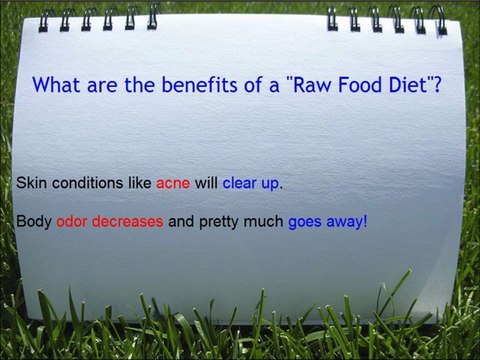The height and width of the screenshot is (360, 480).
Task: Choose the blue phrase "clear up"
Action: [x=252, y=185]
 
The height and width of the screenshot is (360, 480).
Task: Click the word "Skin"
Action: [x=30, y=185]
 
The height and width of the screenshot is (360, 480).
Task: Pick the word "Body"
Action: [x=33, y=221]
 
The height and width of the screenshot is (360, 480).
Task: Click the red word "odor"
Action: [x=73, y=221]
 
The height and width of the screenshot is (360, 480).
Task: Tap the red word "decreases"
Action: [x=128, y=221]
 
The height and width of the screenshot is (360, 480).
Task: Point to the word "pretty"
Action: [x=218, y=221]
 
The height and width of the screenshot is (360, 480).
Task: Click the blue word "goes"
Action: [x=306, y=221]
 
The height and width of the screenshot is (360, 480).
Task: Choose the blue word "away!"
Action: [x=348, y=221]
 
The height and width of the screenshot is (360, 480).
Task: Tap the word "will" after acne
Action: [x=206, y=185]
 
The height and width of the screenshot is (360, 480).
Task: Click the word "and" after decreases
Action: [x=180, y=221]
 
